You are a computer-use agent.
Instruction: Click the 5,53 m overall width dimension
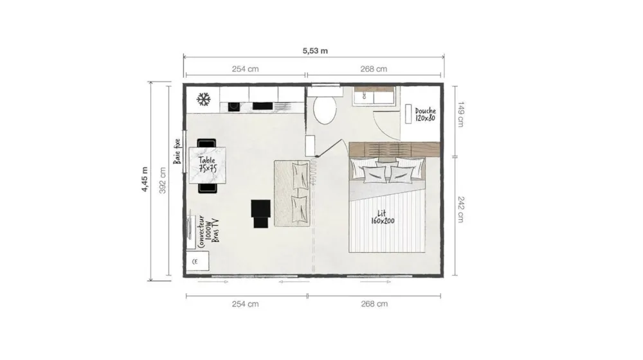point(315,51)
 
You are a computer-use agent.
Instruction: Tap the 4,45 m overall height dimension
point(145,179)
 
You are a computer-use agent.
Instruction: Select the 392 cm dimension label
point(163,181)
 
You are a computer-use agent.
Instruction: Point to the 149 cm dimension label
point(460,114)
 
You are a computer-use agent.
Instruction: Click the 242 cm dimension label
point(460,210)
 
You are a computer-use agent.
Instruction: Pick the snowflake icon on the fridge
point(203,99)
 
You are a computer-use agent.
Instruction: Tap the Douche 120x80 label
point(425,114)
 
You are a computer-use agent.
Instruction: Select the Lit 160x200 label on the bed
point(383,217)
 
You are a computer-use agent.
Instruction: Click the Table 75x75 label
point(207,164)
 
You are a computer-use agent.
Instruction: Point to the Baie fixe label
point(177,151)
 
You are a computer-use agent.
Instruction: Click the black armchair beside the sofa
point(261,213)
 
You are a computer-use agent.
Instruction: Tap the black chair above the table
point(206,143)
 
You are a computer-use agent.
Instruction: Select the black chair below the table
point(208,188)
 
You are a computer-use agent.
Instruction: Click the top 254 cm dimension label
point(245,69)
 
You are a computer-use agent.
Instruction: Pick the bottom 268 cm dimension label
point(374,304)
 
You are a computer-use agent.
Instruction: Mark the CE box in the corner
point(197,261)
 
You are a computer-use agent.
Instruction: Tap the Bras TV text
point(215,230)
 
